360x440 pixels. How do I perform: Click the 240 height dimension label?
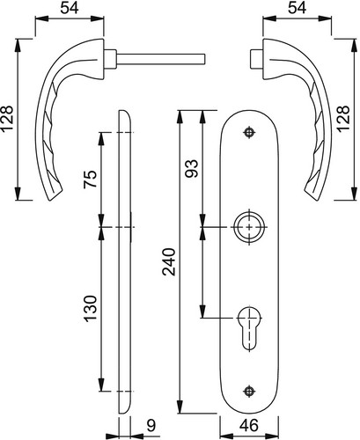tap(169, 261)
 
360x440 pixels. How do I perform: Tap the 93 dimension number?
tap(192, 169)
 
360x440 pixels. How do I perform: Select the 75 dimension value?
tap(90, 179)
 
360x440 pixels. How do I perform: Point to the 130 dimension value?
tap(90, 309)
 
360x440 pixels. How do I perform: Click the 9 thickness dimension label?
tap(151, 425)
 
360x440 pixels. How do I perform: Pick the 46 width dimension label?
tap(249, 425)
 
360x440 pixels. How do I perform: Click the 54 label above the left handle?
tap(70, 8)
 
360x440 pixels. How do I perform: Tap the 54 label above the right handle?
tap(297, 8)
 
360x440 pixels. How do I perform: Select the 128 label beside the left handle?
tap(7, 119)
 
